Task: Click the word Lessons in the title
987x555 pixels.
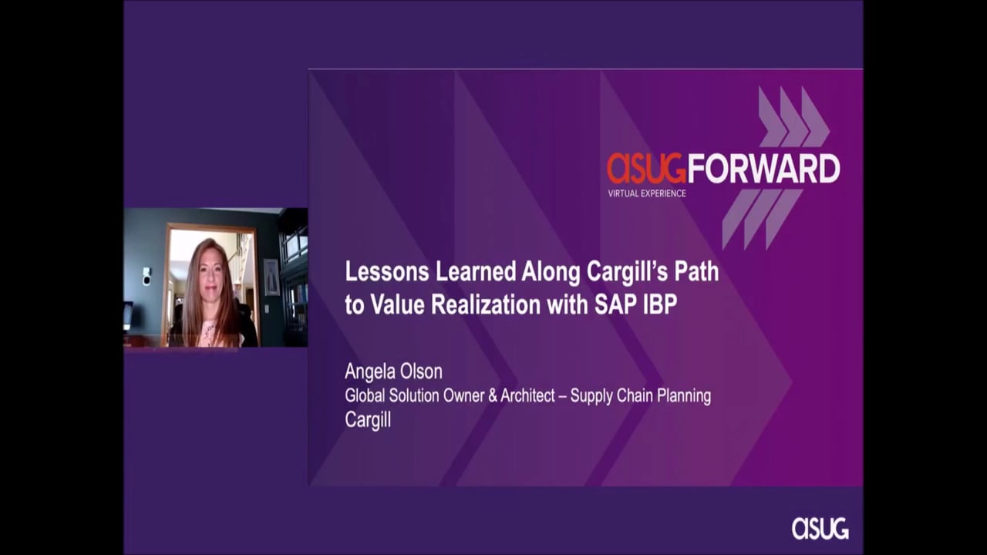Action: (387, 271)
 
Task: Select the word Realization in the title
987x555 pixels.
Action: (486, 304)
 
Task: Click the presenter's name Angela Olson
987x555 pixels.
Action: (393, 372)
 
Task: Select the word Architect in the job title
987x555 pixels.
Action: (527, 395)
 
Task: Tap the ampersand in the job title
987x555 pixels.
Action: (492, 395)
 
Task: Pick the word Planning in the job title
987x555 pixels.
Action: (683, 396)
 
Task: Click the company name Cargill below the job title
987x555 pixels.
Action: (368, 420)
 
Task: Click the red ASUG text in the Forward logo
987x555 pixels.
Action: (646, 168)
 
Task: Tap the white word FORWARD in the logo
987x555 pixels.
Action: (763, 168)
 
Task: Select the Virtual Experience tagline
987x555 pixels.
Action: (647, 193)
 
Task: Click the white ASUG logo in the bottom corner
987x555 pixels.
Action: (820, 528)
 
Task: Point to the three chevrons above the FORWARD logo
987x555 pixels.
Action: (794, 116)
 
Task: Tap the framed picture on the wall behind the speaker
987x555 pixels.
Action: (271, 277)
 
